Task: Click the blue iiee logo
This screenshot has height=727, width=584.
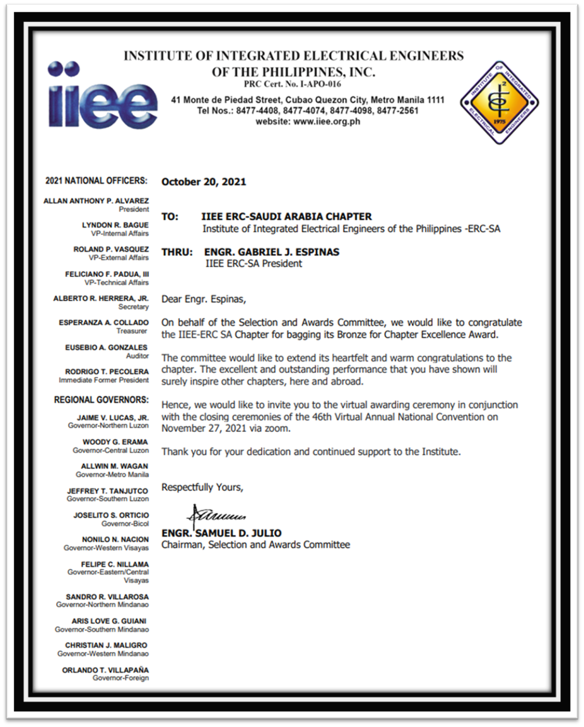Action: (x=103, y=97)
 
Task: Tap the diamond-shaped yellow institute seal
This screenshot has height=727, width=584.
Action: (x=499, y=102)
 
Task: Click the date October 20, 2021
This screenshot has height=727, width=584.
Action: (x=203, y=182)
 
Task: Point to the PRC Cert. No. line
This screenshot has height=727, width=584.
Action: (x=292, y=84)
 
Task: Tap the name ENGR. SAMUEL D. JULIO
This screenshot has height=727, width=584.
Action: (x=221, y=533)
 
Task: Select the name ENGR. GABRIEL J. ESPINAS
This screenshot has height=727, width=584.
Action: (x=272, y=252)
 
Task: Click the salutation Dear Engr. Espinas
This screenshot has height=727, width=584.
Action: (x=203, y=299)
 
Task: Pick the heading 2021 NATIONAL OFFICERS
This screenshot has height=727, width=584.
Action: (x=96, y=181)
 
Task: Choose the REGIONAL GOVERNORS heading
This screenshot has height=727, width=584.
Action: (x=101, y=400)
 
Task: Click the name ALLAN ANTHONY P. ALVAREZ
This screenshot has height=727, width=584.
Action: (x=96, y=201)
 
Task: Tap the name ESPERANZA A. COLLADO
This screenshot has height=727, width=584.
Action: (x=104, y=323)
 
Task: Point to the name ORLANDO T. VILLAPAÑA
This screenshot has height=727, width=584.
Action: (x=105, y=670)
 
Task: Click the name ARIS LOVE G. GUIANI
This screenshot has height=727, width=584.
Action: (x=109, y=621)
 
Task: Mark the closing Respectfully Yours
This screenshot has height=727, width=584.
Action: (x=202, y=487)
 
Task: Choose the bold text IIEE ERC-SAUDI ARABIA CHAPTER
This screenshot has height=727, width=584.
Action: (x=286, y=217)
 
